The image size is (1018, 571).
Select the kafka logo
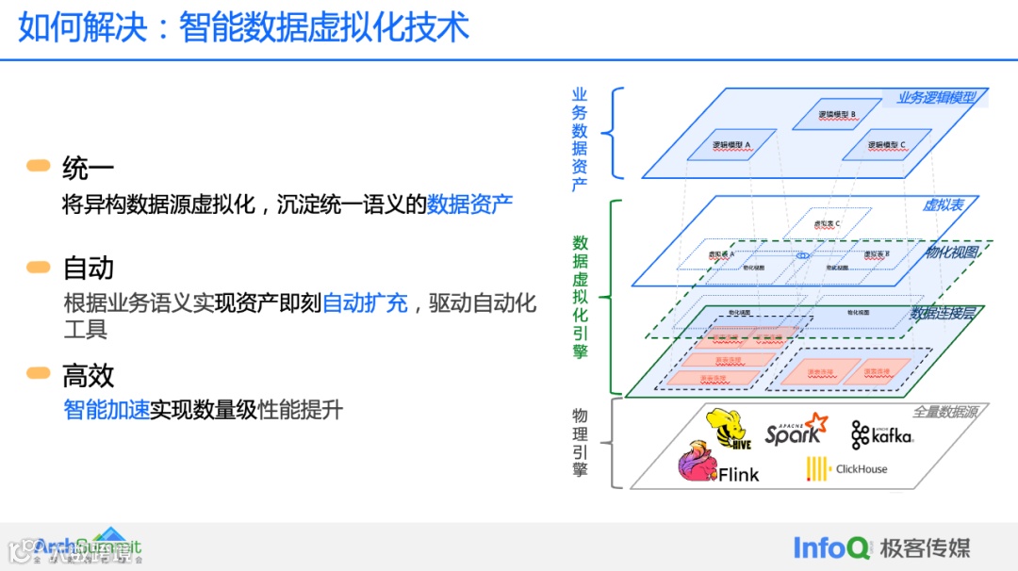[x=882, y=434]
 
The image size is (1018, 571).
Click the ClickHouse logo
[x=846, y=468]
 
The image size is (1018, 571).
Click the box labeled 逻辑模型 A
[x=731, y=145]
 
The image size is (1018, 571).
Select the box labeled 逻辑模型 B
[x=836, y=115]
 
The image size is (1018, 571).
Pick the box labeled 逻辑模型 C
[x=886, y=145]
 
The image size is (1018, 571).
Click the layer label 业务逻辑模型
[x=935, y=97]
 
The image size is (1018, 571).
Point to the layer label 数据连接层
[x=941, y=313]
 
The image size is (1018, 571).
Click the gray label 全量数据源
[x=944, y=412]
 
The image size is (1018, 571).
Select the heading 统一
[x=88, y=169]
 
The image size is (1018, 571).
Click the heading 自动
[x=88, y=269]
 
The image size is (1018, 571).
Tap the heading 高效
[x=88, y=376]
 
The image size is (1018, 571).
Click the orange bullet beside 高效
[x=39, y=374]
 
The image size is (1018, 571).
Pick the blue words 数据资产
[x=469, y=204]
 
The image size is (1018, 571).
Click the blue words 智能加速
[x=107, y=410]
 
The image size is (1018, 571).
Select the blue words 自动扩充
[x=365, y=303]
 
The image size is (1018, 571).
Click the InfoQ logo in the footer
[x=830, y=547]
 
